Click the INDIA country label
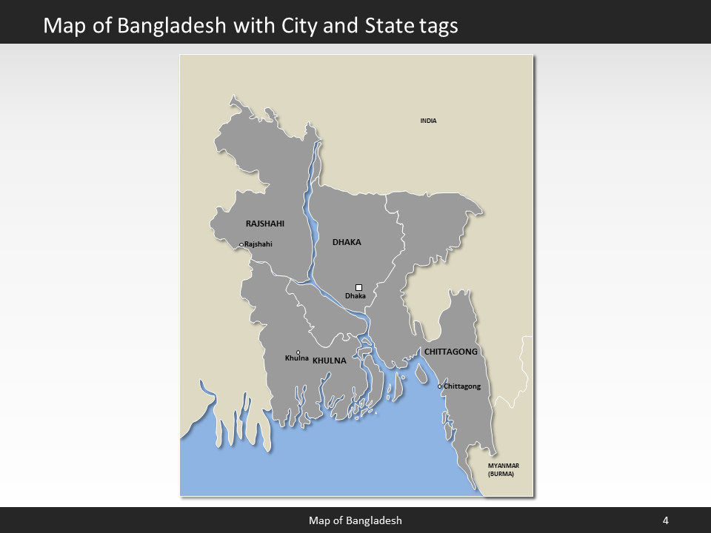(428, 121)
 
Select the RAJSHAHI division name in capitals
(264, 223)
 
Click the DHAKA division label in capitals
(347, 242)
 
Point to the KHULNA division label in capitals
(330, 361)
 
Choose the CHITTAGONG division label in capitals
(450, 352)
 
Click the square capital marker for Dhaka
(358, 287)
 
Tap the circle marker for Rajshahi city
(241, 245)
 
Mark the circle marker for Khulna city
(298, 352)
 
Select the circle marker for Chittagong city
(439, 386)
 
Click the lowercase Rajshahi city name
(258, 244)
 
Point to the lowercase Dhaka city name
(355, 296)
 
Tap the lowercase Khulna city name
(296, 359)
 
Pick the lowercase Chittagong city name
(462, 386)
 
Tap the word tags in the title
(437, 26)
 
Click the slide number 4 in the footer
(666, 520)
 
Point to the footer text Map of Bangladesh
(355, 520)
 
